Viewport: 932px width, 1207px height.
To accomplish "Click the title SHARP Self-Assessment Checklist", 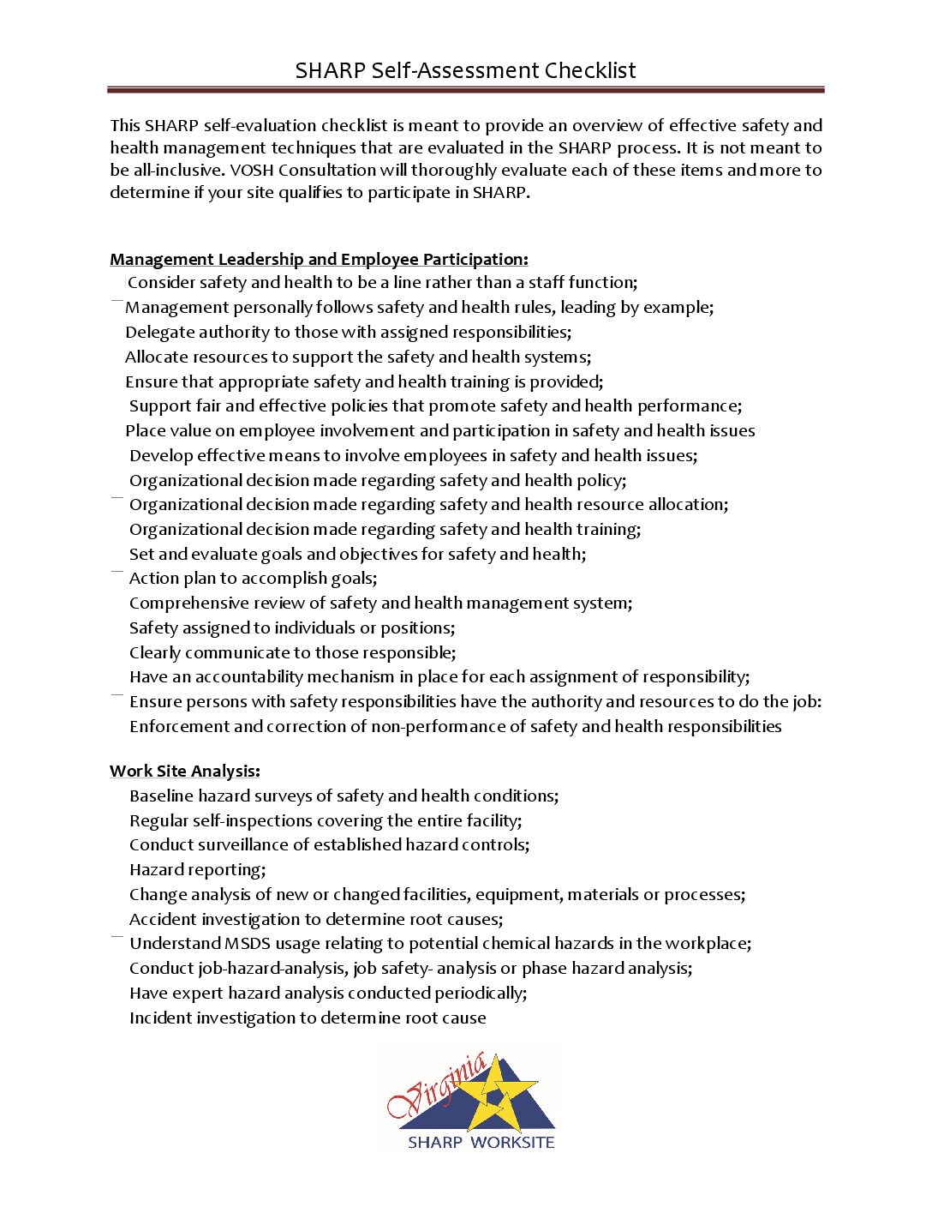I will pyautogui.click(x=465, y=70).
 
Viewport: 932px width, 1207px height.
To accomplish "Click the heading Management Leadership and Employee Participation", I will pyautogui.click(x=319, y=260).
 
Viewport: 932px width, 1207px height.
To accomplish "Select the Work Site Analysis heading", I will pyautogui.click(x=184, y=772).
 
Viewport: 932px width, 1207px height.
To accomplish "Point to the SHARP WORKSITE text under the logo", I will pyautogui.click(x=481, y=1143).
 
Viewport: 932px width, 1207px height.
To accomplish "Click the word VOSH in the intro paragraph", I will pyautogui.click(x=251, y=170).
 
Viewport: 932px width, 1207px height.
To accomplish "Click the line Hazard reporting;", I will pyautogui.click(x=197, y=870).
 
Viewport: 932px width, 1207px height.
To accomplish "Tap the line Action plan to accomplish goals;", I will pyautogui.click(x=253, y=579).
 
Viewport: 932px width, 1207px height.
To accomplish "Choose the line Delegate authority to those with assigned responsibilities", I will pyautogui.click(x=348, y=333).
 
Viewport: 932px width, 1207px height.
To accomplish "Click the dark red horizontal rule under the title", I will pyautogui.click(x=465, y=89).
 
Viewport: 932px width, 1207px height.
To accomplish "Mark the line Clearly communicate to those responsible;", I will pyautogui.click(x=292, y=653).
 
